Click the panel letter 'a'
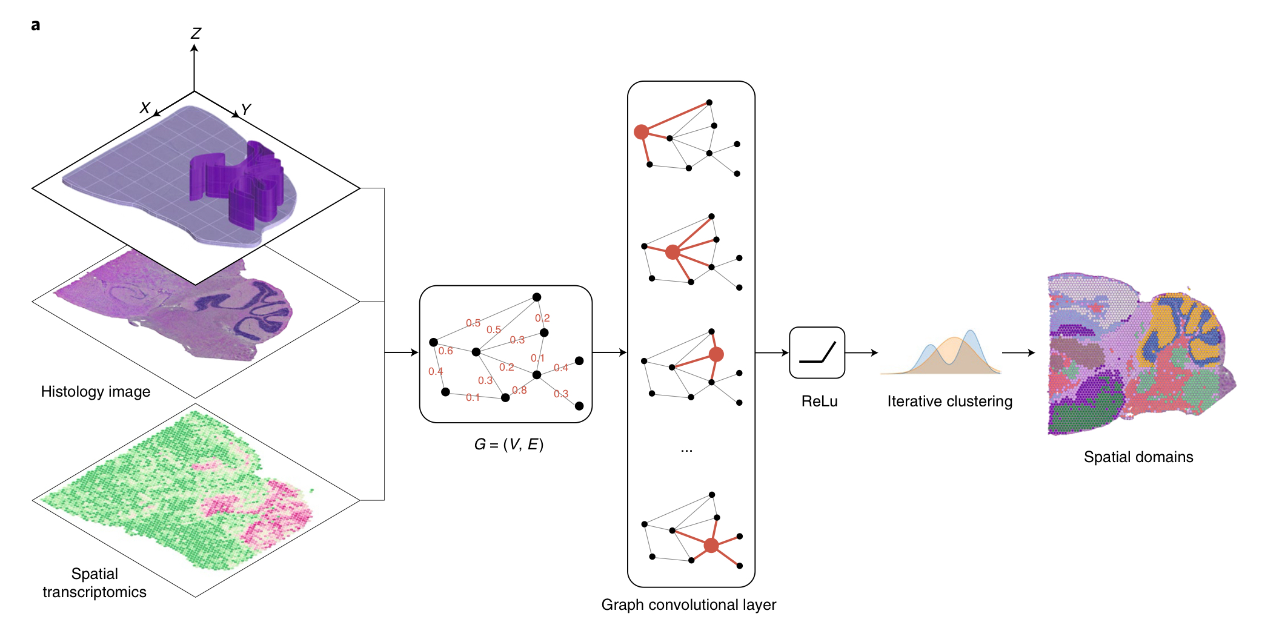(x=36, y=25)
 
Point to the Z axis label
(x=196, y=33)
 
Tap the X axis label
(x=145, y=108)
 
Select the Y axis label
(x=245, y=110)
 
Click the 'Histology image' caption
(x=96, y=392)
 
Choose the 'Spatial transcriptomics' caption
(x=95, y=583)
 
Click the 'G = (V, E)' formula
(x=509, y=445)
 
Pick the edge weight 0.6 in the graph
(x=445, y=351)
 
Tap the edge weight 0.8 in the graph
(x=519, y=391)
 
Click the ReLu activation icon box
(x=817, y=352)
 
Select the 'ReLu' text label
(x=819, y=402)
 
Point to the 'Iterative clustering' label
(x=949, y=402)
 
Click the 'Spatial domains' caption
(x=1138, y=457)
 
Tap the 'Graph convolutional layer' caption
(x=689, y=605)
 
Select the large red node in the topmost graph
(x=641, y=131)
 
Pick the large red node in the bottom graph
(x=711, y=546)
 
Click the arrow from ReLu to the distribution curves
(x=862, y=352)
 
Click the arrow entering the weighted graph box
(x=402, y=352)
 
